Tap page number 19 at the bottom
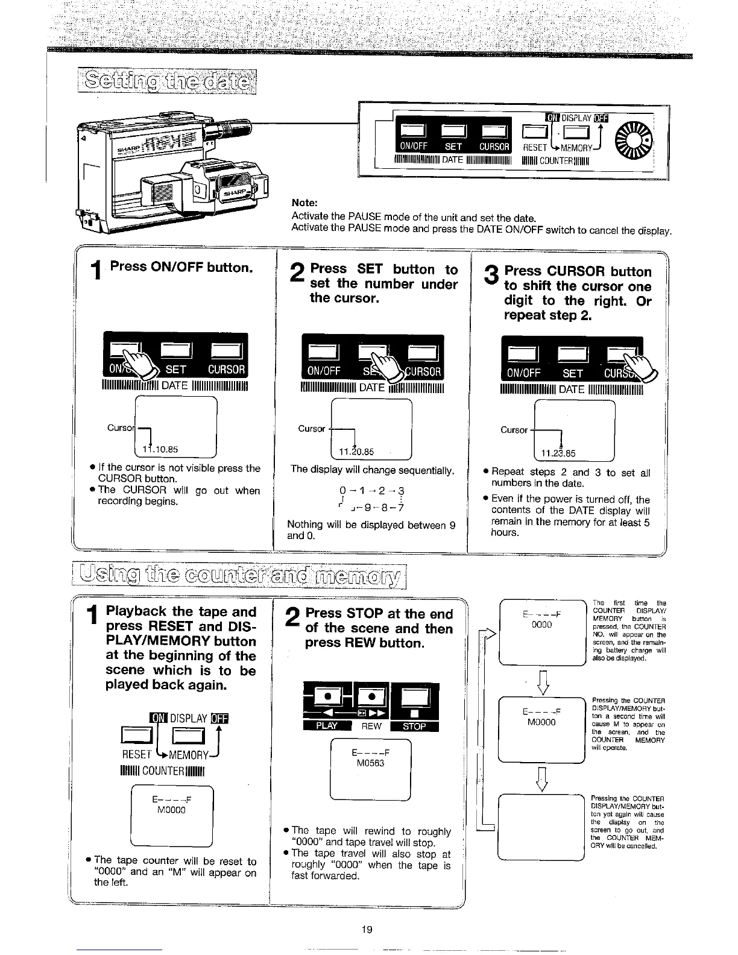click(x=367, y=929)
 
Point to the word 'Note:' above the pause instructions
click(x=304, y=203)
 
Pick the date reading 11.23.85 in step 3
click(x=558, y=453)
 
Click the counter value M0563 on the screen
click(x=371, y=763)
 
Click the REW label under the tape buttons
click(x=371, y=726)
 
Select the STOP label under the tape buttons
click(x=414, y=726)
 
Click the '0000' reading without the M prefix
click(x=541, y=625)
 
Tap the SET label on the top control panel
click(x=453, y=147)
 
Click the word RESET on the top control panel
click(x=535, y=147)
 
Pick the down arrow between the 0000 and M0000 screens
click(x=541, y=680)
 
